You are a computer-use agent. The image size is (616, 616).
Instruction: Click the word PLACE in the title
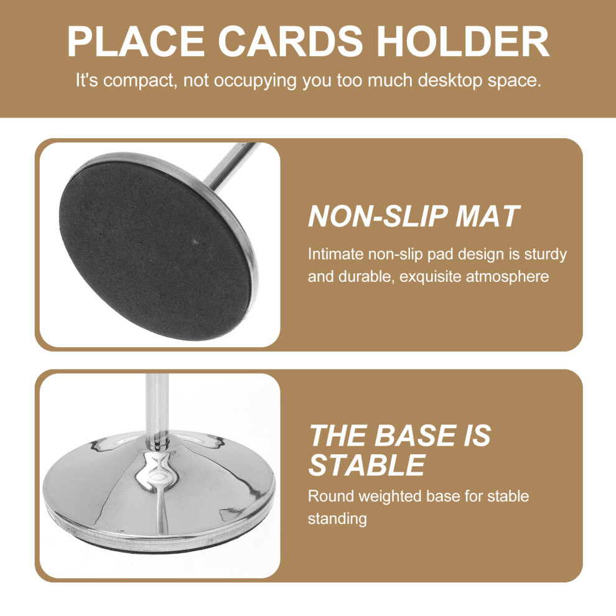click(136, 41)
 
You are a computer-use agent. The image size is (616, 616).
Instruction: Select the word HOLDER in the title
click(462, 41)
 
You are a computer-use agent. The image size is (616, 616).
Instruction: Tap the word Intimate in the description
click(336, 254)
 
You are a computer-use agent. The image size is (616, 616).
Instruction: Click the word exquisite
click(431, 277)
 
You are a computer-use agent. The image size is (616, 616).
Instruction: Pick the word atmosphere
click(507, 277)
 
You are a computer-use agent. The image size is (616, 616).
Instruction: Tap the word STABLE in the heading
click(367, 465)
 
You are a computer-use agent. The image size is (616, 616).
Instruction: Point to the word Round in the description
click(331, 496)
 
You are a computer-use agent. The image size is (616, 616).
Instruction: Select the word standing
click(337, 520)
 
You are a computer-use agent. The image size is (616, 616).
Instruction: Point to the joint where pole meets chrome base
click(158, 443)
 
